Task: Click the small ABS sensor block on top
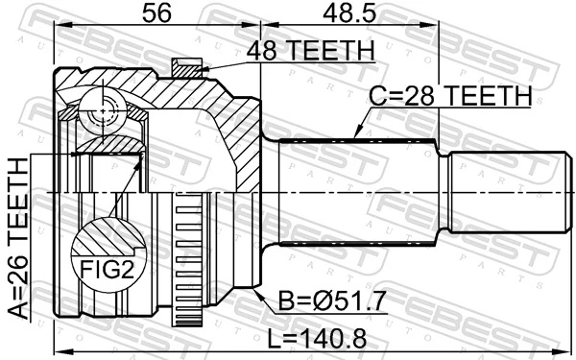coord(186,67)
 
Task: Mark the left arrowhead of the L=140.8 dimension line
coord(58,348)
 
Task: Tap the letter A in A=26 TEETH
coord(17,309)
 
